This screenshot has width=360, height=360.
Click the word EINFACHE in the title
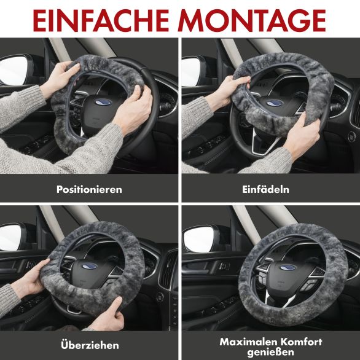101,20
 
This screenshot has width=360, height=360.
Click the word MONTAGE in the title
252,20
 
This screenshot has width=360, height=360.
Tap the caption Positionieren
89,189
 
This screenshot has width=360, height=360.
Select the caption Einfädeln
265,189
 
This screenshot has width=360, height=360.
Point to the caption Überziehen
90,345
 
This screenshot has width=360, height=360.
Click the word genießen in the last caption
271,352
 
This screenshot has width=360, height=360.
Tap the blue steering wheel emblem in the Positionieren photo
103,102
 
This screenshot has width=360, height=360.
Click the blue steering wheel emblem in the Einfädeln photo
275,103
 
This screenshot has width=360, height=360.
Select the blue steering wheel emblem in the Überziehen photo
90,266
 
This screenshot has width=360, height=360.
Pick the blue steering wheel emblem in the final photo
288,268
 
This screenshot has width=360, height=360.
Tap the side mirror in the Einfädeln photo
192,71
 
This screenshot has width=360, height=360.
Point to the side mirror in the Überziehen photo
12,237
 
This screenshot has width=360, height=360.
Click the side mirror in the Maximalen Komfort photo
199,239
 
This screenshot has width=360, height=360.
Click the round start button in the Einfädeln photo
351,136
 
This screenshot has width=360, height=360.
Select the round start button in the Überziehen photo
160,297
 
